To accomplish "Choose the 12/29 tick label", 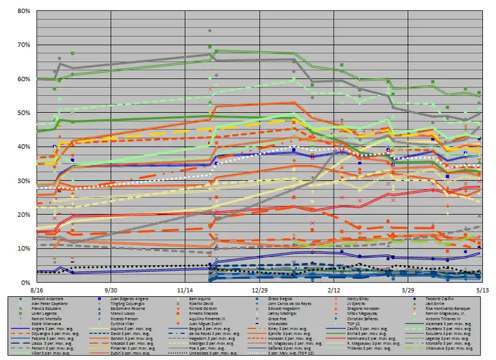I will click(260, 289).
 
